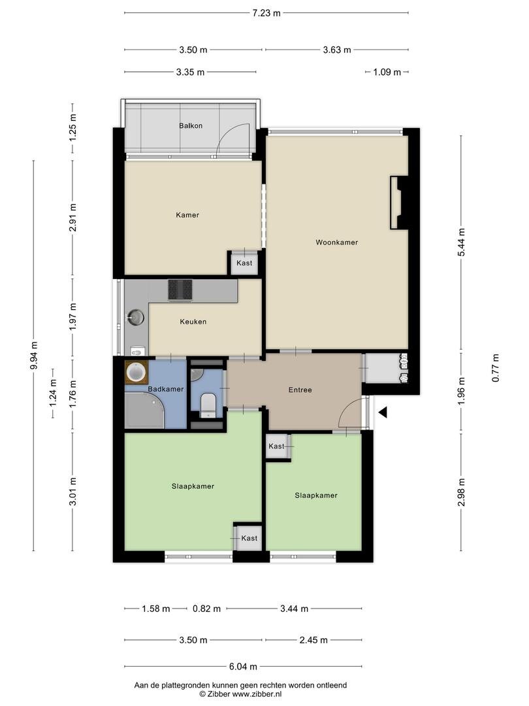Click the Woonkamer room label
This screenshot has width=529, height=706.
pos(336,243)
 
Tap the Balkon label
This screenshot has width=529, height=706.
pos(191,126)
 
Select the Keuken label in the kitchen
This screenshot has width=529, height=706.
pos(193,322)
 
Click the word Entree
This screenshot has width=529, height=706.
pos(300,390)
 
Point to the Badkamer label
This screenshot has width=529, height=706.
pos(165,389)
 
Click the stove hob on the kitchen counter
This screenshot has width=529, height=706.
pos(180,290)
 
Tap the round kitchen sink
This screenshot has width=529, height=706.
pos(135,318)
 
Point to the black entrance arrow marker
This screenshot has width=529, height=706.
pos(383,412)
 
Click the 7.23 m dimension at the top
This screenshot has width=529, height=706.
pos(266,13)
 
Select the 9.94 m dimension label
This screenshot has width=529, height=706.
pos(33,356)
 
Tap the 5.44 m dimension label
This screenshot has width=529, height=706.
pos(461,243)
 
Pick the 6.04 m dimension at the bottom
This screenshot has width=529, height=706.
pos(243,666)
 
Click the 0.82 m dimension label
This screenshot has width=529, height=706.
pos(206,609)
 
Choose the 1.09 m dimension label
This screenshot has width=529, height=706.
pos(387,72)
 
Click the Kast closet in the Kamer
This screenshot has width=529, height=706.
pos(244,263)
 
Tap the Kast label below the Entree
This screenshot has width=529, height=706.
pos(276,446)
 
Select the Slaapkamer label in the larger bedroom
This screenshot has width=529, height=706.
pos(193,486)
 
